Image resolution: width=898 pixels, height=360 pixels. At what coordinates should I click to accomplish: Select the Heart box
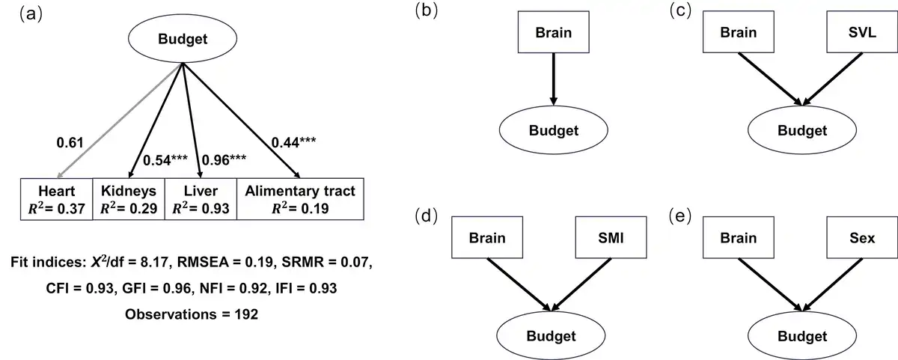point(56,199)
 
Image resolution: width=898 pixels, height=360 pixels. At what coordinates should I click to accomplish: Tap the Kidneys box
point(126,199)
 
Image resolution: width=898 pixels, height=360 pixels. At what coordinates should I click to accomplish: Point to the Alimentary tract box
point(300,199)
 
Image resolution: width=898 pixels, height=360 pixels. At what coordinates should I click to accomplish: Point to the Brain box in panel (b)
point(553,32)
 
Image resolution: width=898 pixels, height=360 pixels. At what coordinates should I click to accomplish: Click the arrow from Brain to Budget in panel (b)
point(553,79)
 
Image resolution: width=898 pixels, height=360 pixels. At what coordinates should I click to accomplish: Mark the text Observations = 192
point(192,314)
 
